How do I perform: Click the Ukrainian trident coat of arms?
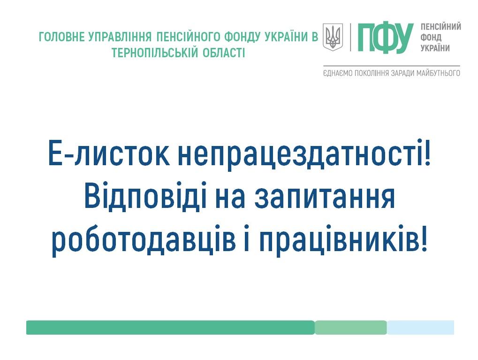[x=333, y=37]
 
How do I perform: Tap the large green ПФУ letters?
[x=386, y=38]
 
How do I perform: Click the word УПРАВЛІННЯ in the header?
[x=120, y=37]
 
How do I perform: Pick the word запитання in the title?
[x=325, y=198]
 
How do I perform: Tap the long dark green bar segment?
[x=170, y=327]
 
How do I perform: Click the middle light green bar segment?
[x=351, y=327]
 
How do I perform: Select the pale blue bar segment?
[x=421, y=327]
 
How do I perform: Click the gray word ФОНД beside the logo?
[x=431, y=38]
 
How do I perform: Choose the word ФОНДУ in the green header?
[x=243, y=37]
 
